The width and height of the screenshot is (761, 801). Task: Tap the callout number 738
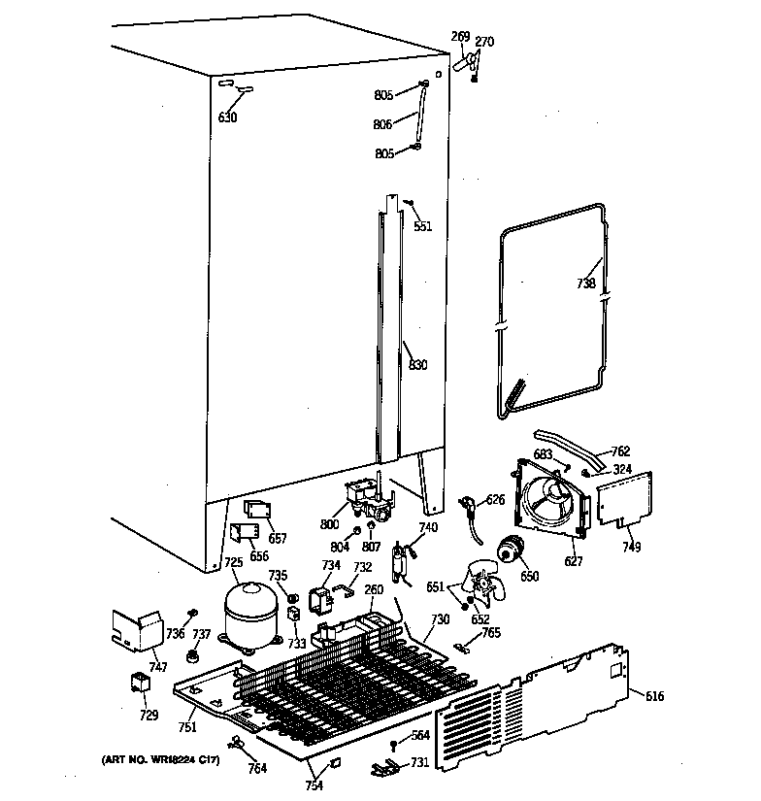pos(585,284)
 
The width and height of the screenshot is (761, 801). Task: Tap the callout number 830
pos(417,365)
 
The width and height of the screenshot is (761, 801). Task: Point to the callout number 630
pos(227,117)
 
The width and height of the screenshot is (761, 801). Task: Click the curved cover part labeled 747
pos(136,631)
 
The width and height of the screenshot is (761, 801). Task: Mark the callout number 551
pos(423,226)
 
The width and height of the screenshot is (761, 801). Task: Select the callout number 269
pos(460,37)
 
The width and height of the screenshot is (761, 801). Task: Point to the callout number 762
pos(619,451)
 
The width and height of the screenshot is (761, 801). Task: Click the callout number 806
pos(383,125)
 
